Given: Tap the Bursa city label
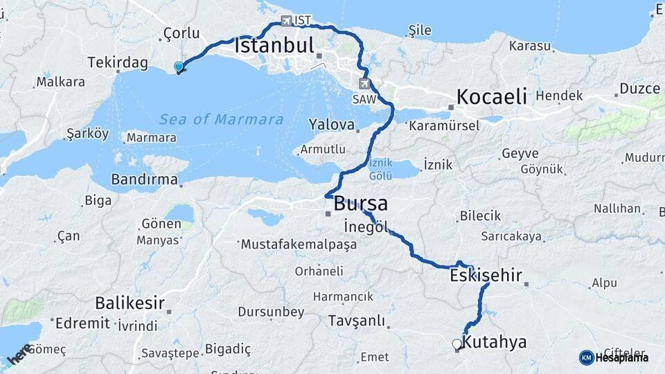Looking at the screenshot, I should coord(360,204).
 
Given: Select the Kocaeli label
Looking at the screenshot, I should coord(492,96).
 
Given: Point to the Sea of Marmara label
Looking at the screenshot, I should coord(222,119).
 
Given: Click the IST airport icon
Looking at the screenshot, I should coord(287,21).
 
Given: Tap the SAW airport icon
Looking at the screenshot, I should coord(364,84).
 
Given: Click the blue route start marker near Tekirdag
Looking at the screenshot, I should coord(179,67).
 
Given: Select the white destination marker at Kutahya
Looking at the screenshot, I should coord(456,344).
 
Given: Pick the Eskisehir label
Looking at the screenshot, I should coord(486,276).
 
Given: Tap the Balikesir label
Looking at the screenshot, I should coord(130,303).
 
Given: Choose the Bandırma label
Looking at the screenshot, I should coord(143,180).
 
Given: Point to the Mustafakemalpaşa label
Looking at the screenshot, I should coord(299,244).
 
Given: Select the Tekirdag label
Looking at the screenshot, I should coord(118,63).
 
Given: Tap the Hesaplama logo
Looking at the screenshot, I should coord(614,357).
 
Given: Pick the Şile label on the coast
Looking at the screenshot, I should coord(420,30).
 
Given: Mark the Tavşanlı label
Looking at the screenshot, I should coord(356,321).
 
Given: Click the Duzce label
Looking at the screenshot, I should coord(639,89).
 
